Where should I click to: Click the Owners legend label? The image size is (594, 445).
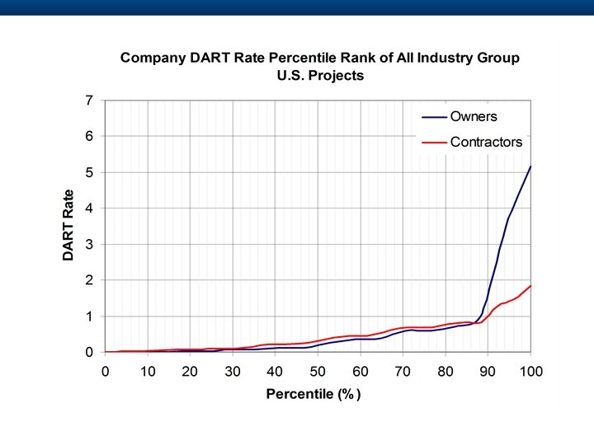[x=474, y=117]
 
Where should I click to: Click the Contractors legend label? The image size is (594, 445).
[x=486, y=142]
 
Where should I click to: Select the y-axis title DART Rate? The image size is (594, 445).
[x=68, y=226]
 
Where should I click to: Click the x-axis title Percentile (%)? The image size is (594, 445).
[x=313, y=394]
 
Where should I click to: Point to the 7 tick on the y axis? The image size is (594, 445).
[x=88, y=101]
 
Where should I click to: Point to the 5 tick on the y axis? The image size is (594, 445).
[x=88, y=172]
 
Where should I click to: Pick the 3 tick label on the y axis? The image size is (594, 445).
[x=88, y=245]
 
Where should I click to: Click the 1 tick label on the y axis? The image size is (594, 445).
[x=88, y=316]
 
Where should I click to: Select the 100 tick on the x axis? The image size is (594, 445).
[x=530, y=371]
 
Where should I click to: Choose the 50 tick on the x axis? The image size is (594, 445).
[x=318, y=371]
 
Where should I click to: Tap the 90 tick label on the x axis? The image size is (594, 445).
[x=488, y=371]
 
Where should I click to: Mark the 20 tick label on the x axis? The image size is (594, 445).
[x=190, y=371]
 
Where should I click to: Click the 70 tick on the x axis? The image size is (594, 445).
[x=403, y=371]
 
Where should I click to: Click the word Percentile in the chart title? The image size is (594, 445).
[x=309, y=59]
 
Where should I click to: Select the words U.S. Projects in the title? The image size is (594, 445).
[x=320, y=75]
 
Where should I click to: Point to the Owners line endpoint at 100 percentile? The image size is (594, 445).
[x=530, y=166]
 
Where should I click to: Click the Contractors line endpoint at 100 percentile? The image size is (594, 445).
[x=530, y=286]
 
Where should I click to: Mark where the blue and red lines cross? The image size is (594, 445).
[x=478, y=322]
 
